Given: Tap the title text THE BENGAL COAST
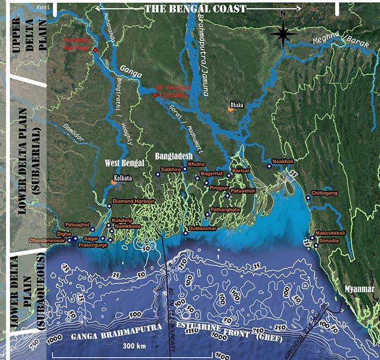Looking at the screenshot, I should click(x=196, y=8).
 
